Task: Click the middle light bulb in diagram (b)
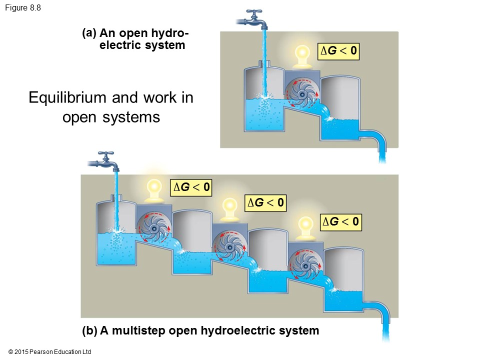(x=229, y=208)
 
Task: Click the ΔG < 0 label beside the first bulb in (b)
(x=190, y=187)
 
